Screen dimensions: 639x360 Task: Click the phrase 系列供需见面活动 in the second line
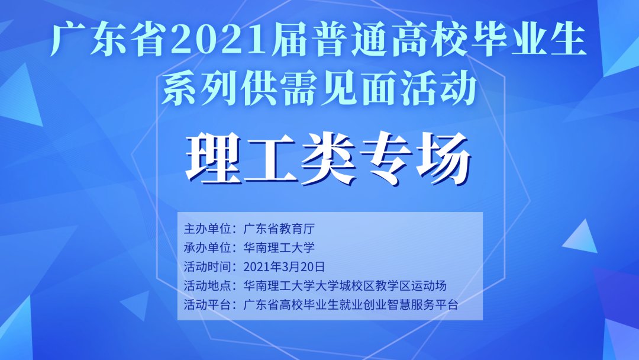[x=319, y=89]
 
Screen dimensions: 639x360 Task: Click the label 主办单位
[x=208, y=229]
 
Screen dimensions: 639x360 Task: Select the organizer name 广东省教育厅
[x=279, y=229]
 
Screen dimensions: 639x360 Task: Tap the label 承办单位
[x=208, y=247]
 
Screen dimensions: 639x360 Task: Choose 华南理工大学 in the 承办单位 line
[x=279, y=247]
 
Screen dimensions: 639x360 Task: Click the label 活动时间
[x=208, y=266]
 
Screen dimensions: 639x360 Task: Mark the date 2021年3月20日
[x=284, y=266]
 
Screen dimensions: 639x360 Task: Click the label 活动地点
[x=208, y=286]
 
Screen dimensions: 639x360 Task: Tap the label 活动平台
[x=208, y=304]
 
